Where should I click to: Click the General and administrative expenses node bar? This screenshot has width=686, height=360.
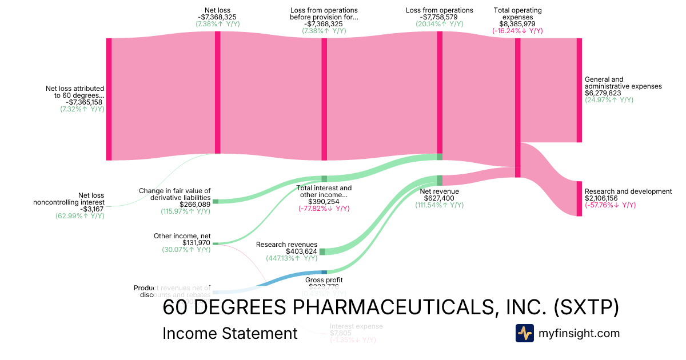coord(579,90)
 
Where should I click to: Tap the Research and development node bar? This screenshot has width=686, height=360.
coord(579,199)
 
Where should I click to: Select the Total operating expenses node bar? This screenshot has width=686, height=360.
coord(518,107)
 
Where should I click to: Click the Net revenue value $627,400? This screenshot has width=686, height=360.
coord(439,198)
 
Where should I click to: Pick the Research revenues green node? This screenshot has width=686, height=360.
coord(322,251)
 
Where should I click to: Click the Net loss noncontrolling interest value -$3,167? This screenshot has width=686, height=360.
coord(91,209)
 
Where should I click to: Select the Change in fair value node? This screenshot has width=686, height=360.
coord(216,201)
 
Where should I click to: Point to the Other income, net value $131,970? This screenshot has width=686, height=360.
coord(196,242)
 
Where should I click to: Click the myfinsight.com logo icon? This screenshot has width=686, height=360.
coord(524,333)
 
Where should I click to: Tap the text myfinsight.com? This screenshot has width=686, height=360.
coord(579,333)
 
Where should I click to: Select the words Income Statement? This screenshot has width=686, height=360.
coord(230,333)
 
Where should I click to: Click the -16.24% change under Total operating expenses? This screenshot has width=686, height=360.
coord(517,31)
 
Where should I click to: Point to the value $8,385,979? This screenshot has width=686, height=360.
coord(517,24)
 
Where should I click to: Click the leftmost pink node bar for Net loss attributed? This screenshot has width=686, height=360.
coord(109,99)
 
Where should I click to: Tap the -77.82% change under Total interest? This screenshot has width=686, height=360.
coord(324,209)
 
